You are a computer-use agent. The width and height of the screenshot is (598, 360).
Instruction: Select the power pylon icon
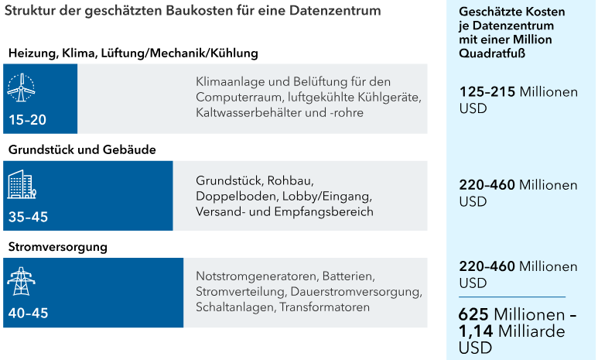pos(21,280)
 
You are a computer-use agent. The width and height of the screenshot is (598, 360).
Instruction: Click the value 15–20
pos(28,120)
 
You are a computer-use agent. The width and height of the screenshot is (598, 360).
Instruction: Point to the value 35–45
pos(28,218)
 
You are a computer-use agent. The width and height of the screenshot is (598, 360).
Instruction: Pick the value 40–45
pos(28,314)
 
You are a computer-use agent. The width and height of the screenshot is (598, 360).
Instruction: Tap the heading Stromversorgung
pos(58,247)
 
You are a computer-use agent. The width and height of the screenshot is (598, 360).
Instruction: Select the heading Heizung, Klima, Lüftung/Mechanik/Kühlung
pos(133,53)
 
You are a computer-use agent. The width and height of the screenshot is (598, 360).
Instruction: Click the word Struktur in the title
pos(29,12)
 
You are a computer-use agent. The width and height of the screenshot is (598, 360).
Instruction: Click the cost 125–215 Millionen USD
pos(518,100)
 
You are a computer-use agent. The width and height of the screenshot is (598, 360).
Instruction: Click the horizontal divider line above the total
pos(512,297)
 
